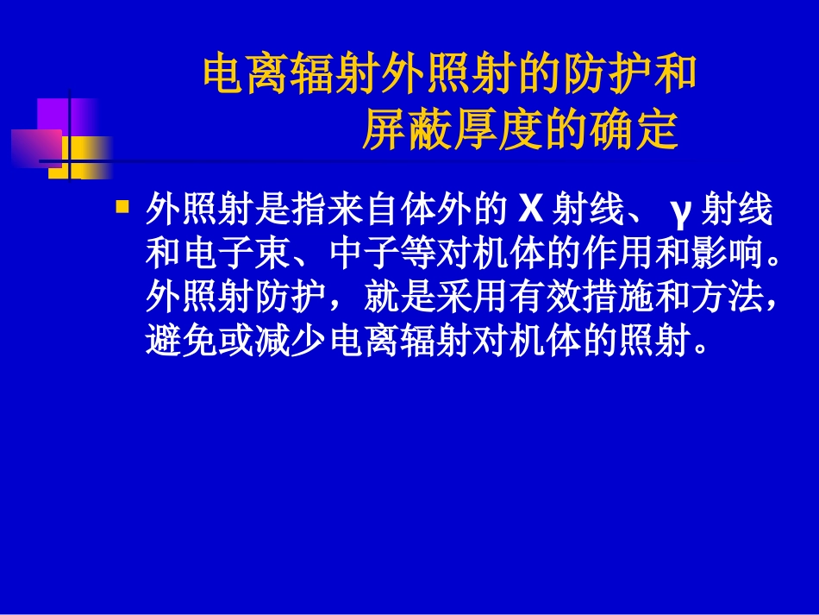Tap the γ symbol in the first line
tap(680, 210)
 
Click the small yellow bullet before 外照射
tap(122, 206)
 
